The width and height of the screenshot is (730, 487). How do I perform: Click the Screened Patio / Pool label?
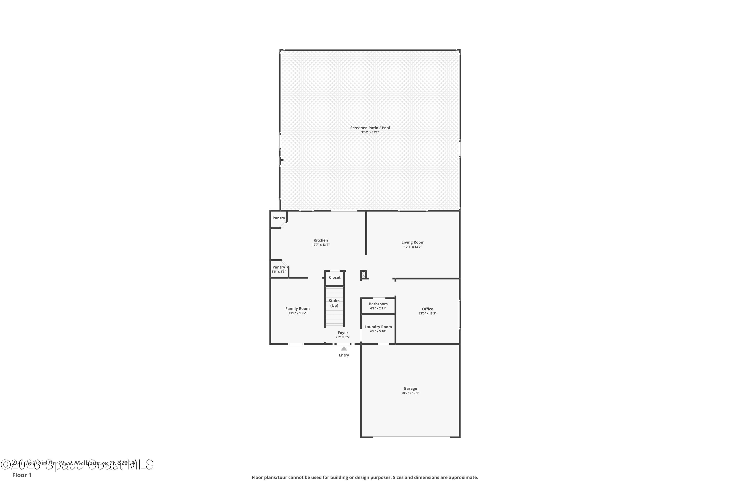(x=370, y=128)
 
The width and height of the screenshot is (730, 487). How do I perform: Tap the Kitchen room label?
(x=321, y=240)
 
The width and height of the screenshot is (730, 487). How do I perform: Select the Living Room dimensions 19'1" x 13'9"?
(x=412, y=247)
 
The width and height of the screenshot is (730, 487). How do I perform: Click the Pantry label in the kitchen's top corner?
(x=278, y=218)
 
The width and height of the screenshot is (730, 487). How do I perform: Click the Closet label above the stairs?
(x=335, y=277)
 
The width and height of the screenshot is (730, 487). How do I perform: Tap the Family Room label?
(x=297, y=309)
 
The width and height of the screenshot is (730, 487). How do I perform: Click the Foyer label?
(x=343, y=333)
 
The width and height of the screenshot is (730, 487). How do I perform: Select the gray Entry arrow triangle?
(x=344, y=349)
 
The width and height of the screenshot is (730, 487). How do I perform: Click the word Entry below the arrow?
(x=344, y=355)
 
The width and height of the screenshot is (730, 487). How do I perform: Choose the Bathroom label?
(x=378, y=304)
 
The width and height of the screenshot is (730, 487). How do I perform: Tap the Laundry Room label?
(x=378, y=327)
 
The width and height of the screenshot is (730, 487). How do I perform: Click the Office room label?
(x=427, y=309)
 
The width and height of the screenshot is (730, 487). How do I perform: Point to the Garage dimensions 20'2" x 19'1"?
(x=410, y=393)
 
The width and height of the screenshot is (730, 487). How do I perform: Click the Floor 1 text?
(x=22, y=475)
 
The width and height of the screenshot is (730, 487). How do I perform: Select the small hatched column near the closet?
(x=364, y=275)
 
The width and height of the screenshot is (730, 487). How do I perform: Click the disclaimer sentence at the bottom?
(x=365, y=477)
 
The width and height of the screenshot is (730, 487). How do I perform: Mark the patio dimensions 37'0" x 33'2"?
(x=370, y=132)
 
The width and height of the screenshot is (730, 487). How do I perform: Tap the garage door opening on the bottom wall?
(x=411, y=437)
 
